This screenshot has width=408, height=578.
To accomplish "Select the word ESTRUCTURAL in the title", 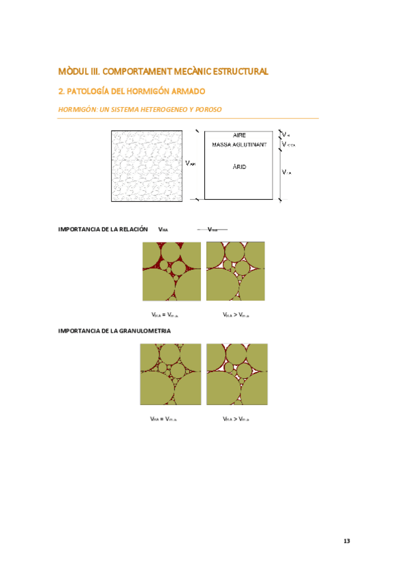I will click(x=241, y=71).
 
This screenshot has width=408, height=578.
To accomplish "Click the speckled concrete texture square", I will click(x=146, y=166).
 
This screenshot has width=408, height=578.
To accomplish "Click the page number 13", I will click(x=347, y=541).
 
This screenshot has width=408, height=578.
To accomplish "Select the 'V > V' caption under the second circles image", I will click(x=236, y=315).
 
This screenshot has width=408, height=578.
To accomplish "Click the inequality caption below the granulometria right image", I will click(x=236, y=419).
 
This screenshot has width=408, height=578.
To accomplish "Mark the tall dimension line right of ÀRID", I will click(x=279, y=173).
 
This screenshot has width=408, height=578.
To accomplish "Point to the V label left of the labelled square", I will click(x=190, y=164).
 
